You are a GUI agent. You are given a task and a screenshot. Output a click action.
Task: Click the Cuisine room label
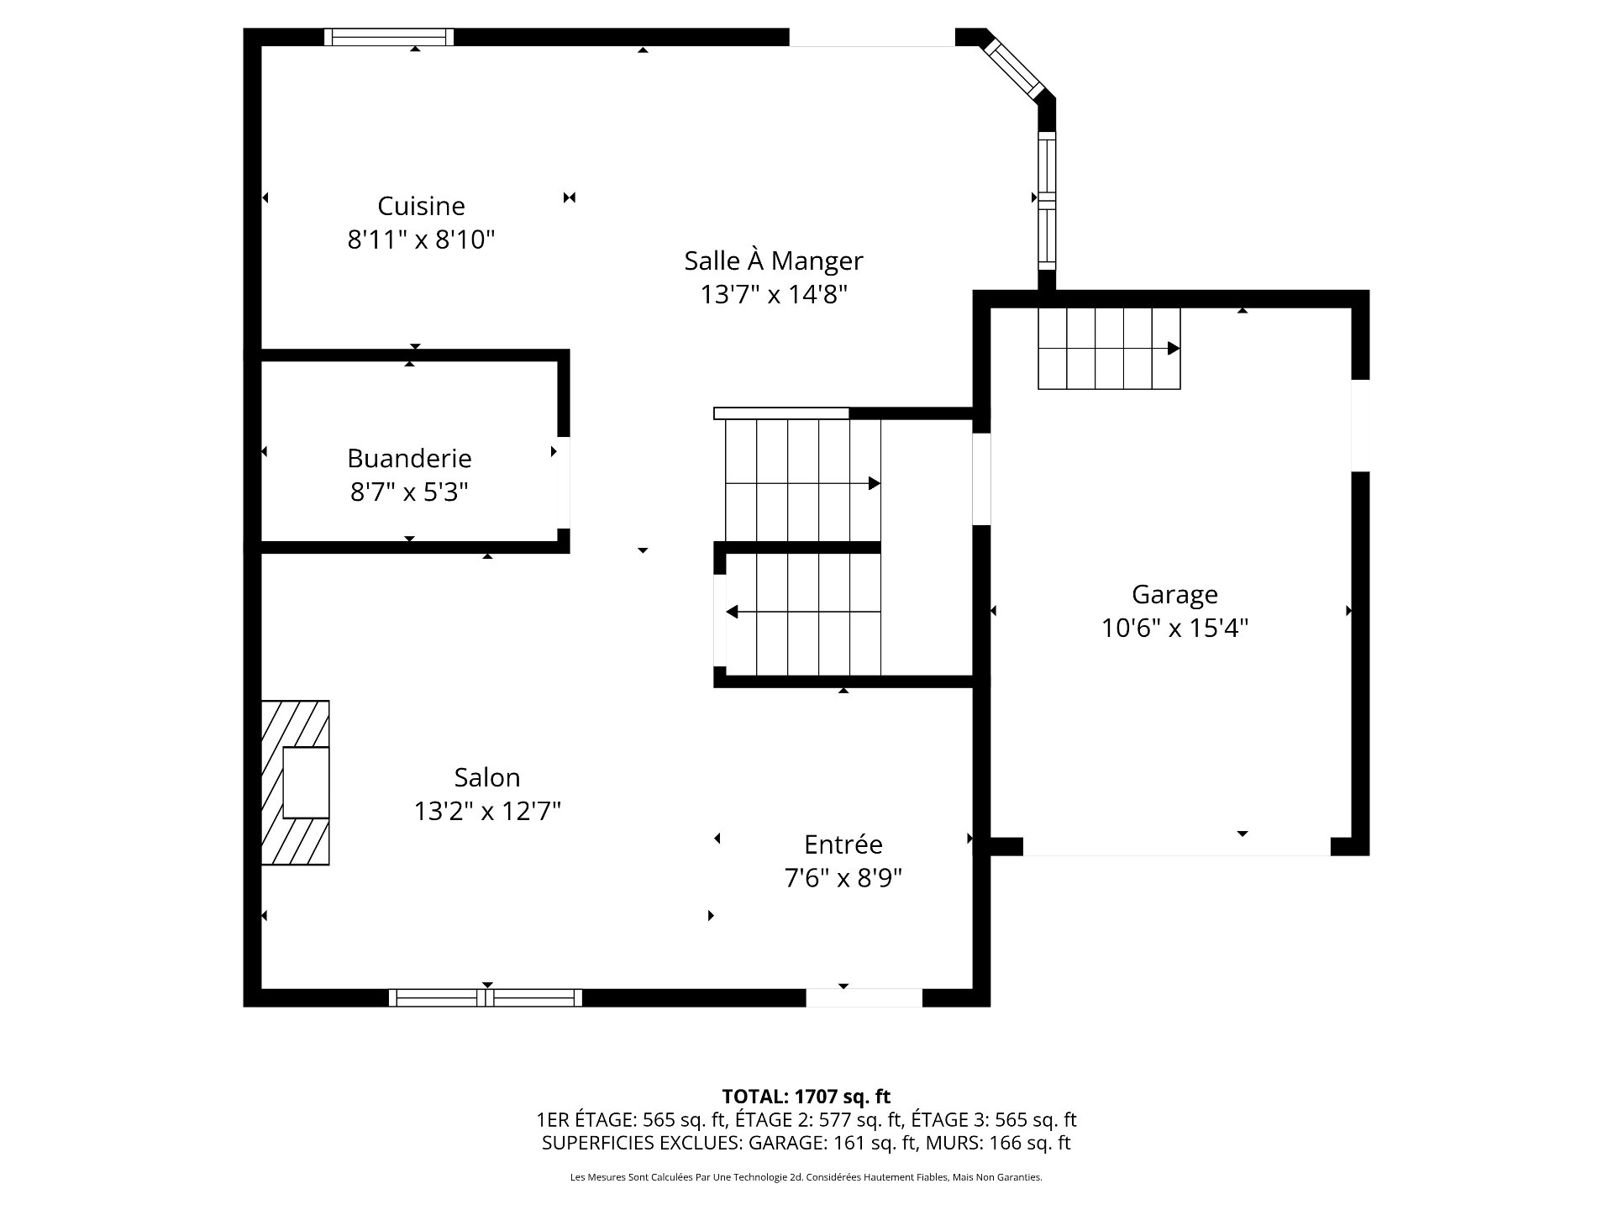click(421, 206)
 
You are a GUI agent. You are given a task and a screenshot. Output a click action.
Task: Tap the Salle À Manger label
click(774, 260)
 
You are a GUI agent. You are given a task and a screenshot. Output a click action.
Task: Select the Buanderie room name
click(409, 458)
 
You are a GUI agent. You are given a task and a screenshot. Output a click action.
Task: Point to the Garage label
click(1174, 595)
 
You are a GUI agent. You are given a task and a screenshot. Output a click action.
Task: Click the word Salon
click(487, 777)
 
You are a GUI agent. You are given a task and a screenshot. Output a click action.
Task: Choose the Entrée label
click(843, 844)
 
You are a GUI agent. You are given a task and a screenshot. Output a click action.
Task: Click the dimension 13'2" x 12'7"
click(487, 811)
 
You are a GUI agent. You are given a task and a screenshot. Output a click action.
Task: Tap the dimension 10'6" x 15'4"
click(1175, 628)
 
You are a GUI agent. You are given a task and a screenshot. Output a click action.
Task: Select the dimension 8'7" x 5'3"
click(409, 492)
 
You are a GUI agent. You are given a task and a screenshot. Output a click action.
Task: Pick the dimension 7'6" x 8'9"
click(843, 878)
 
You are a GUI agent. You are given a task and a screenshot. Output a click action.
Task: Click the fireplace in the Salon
click(295, 782)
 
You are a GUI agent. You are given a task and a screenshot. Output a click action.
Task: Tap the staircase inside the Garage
click(1109, 349)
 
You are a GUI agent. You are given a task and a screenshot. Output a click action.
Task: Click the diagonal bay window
click(1015, 66)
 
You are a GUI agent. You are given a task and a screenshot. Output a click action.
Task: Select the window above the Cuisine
click(389, 37)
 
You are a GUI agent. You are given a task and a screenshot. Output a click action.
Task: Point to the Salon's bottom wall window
click(486, 997)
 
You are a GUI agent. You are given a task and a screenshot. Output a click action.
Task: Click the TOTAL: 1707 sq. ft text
click(806, 1096)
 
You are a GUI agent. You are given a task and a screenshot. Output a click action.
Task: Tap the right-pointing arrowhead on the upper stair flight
click(875, 483)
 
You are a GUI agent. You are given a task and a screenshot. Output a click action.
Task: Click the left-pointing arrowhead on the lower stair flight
click(732, 612)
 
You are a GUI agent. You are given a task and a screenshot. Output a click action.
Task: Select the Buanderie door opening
click(564, 482)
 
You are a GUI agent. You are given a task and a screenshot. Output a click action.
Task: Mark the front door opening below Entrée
click(864, 997)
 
